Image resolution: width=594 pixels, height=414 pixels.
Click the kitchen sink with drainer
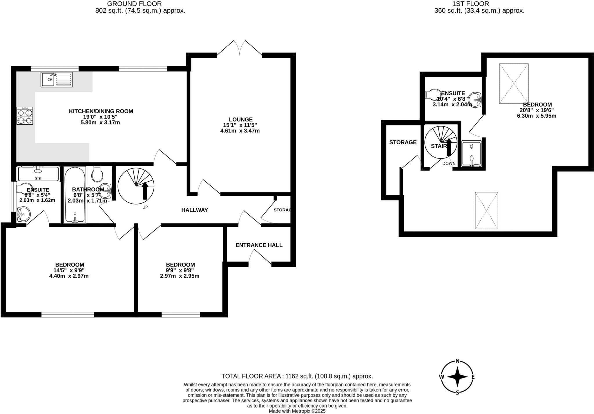pos(57,79)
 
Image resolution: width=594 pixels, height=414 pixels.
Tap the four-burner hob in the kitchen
pos(25,116)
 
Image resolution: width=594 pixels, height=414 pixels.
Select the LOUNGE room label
pos(240,119)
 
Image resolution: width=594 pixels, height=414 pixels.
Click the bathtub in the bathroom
pos(75,195)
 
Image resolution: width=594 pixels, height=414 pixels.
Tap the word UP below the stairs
pos(145,207)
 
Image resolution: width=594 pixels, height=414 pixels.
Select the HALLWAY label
pos(194,210)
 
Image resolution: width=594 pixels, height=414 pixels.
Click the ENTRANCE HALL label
pos(259,245)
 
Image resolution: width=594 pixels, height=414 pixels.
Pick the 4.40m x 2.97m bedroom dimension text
pos(69,276)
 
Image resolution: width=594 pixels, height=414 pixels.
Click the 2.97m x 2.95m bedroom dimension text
pos(180,276)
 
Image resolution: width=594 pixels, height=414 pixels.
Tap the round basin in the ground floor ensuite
pos(23,214)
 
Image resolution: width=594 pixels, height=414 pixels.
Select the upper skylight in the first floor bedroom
pos(514,83)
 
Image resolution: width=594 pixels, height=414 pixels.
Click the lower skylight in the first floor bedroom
pos(486,211)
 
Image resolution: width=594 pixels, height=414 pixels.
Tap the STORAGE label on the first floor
pos(403,142)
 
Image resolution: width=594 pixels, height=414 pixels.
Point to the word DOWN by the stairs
pos(449,163)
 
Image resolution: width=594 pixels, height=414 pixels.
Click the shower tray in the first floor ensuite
pos(471,154)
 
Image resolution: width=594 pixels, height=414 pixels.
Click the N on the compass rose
pos(458,361)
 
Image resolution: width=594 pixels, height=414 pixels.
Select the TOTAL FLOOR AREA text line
pos(297,376)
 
